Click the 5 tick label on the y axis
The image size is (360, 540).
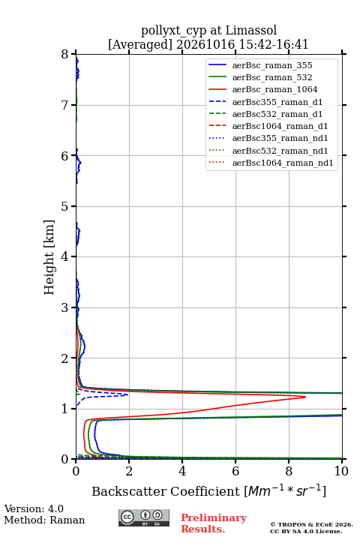[65, 206]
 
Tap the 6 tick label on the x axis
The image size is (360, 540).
[235, 471]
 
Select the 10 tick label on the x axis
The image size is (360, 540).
[341, 471]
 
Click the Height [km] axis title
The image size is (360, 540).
[49, 257]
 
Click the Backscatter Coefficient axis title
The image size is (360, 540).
[208, 491]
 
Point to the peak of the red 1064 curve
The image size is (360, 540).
[305, 397]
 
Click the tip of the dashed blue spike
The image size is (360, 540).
[127, 394]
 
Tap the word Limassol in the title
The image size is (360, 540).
[251, 30]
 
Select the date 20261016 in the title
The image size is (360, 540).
[205, 44]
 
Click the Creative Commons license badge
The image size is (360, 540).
[144, 517]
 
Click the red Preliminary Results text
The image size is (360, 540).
[214, 523]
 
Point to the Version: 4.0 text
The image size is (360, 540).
[34, 508]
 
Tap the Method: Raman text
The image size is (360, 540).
[44, 520]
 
